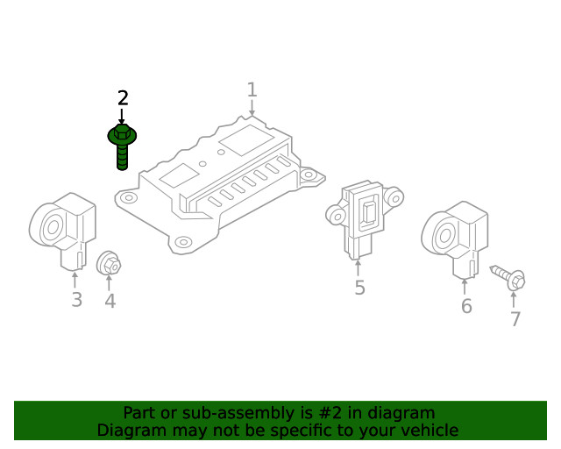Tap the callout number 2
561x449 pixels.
pyautogui.click(x=123, y=98)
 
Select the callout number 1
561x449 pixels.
pyautogui.click(x=252, y=89)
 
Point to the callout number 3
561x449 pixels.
pyautogui.click(x=77, y=300)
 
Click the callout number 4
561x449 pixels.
pyautogui.click(x=110, y=301)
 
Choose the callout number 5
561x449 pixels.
pyautogui.click(x=359, y=288)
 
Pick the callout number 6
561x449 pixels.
pyautogui.click(x=466, y=306)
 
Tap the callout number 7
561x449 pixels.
pyautogui.click(x=515, y=319)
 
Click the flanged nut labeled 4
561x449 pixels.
pyautogui.click(x=109, y=263)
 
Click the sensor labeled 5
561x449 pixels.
pyautogui.click(x=365, y=218)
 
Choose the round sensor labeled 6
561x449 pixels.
pyautogui.click(x=454, y=239)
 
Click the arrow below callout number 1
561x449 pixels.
pyautogui.click(x=252, y=108)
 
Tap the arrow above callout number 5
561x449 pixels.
pyautogui.click(x=358, y=268)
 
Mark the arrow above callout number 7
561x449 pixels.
pyautogui.click(x=514, y=300)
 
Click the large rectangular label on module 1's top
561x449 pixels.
pyautogui.click(x=247, y=140)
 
